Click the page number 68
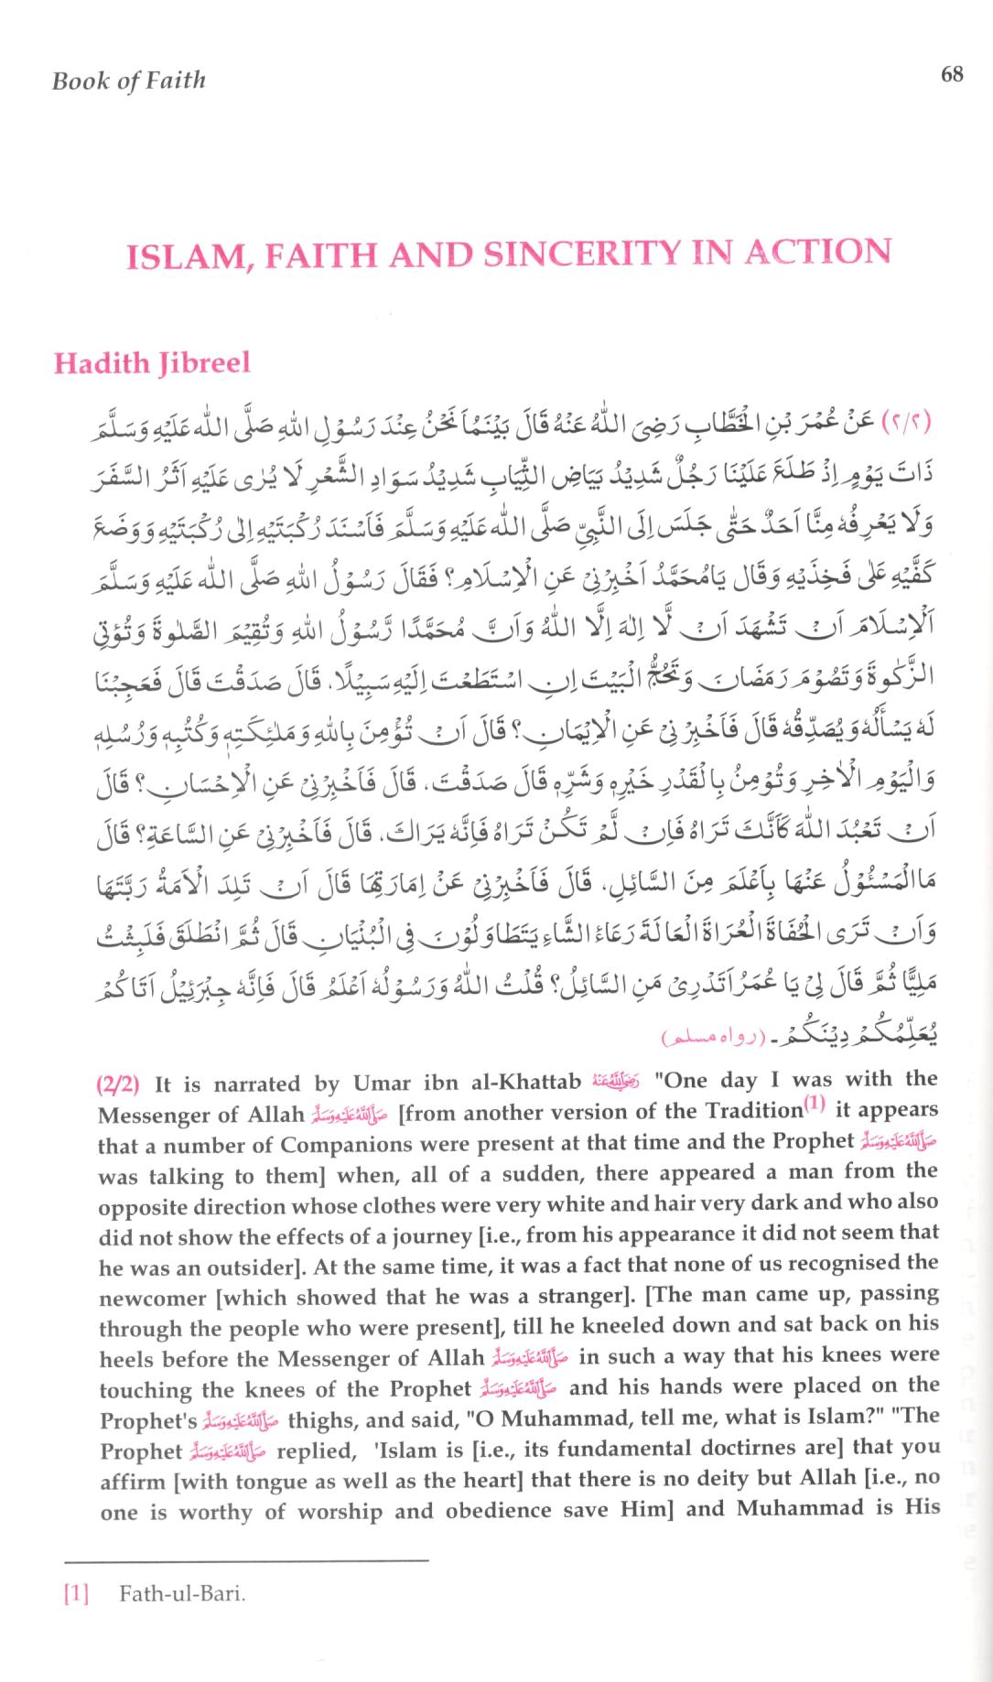(x=952, y=74)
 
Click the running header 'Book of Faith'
(x=129, y=81)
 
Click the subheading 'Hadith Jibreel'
(x=152, y=363)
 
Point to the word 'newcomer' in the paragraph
(x=146, y=1298)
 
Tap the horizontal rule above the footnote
(x=247, y=1559)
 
